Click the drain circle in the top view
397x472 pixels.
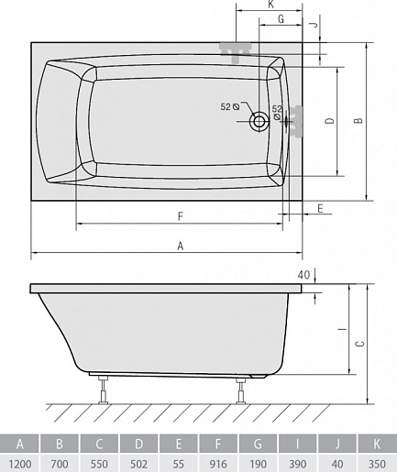[259, 122]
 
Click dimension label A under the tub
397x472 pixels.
[181, 246]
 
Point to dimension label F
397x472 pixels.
[181, 216]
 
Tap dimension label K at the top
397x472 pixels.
[270, 5]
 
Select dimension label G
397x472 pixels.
[281, 19]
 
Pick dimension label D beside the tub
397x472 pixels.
[330, 121]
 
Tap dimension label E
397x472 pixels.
[320, 209]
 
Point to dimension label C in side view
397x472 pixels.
[360, 344]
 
